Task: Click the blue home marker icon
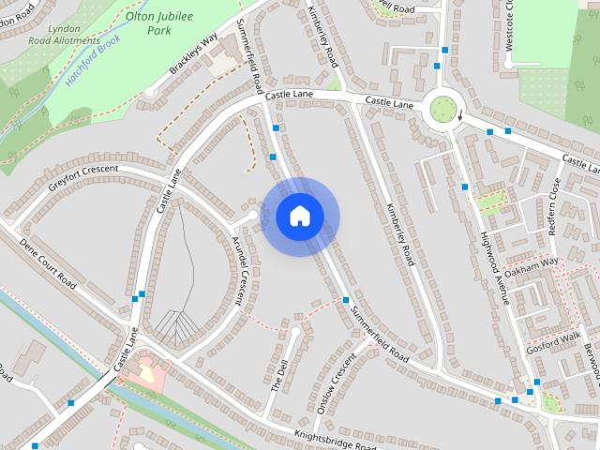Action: (x=299, y=217)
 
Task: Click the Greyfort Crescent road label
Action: (x=83, y=177)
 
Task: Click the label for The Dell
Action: (x=279, y=374)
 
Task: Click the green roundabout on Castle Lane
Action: (x=439, y=112)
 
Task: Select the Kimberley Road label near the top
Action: (x=322, y=37)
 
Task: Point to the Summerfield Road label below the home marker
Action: (x=379, y=332)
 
